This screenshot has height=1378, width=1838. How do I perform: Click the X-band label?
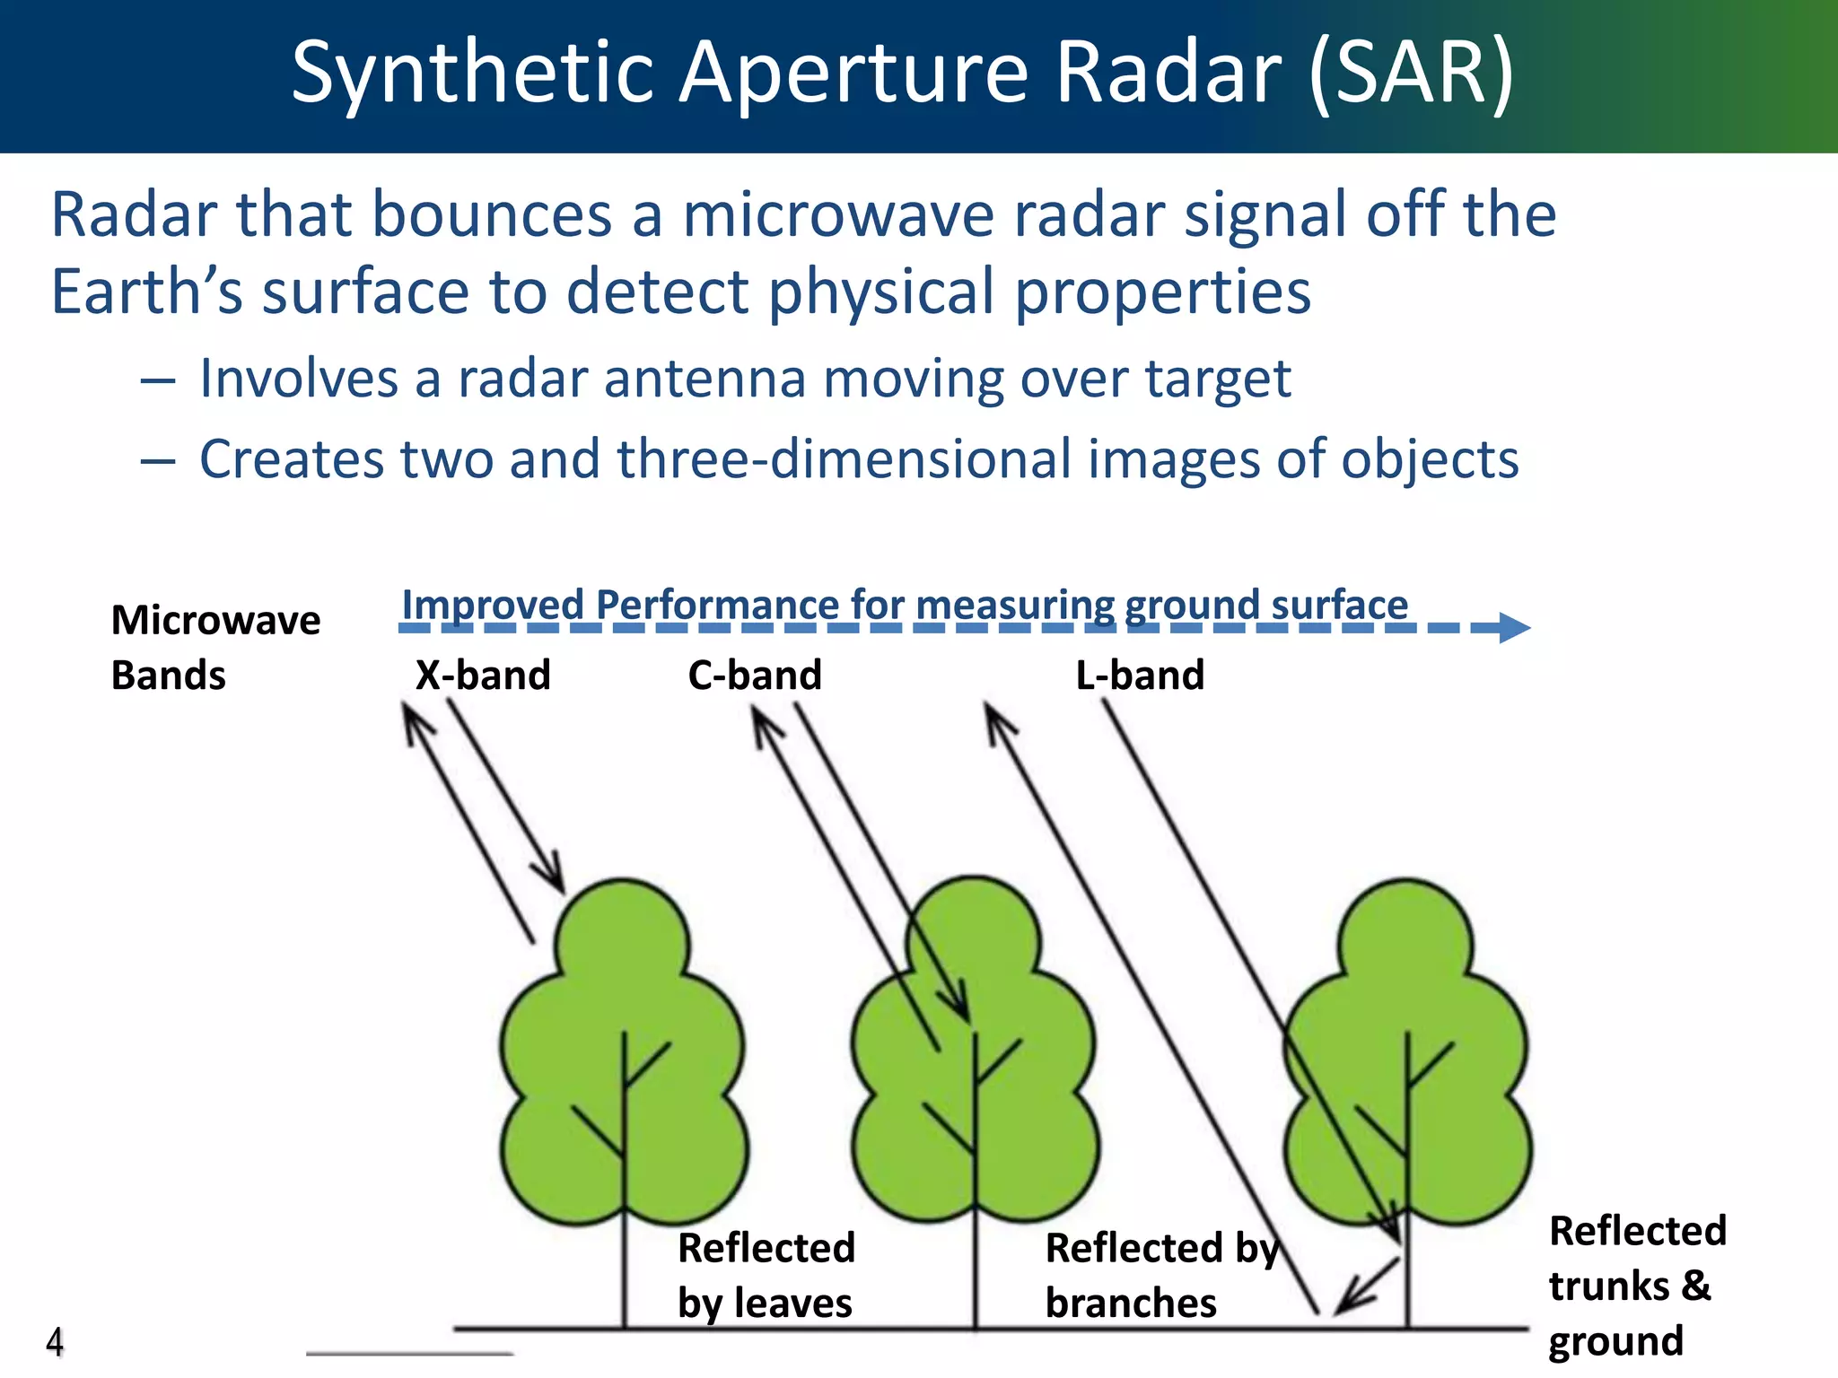click(x=483, y=676)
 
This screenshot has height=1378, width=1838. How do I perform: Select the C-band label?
click(x=755, y=676)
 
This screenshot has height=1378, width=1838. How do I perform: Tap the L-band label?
click(x=1140, y=676)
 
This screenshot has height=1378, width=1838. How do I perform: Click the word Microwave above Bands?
click(x=215, y=621)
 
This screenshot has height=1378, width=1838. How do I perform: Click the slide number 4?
click(x=55, y=1342)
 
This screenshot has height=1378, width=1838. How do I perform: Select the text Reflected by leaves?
click(x=766, y=1275)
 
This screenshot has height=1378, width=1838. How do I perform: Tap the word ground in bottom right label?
click(x=1615, y=1341)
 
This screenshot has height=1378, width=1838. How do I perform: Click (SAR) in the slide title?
click(x=1412, y=72)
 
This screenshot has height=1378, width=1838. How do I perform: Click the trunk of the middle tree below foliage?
click(x=976, y=1274)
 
